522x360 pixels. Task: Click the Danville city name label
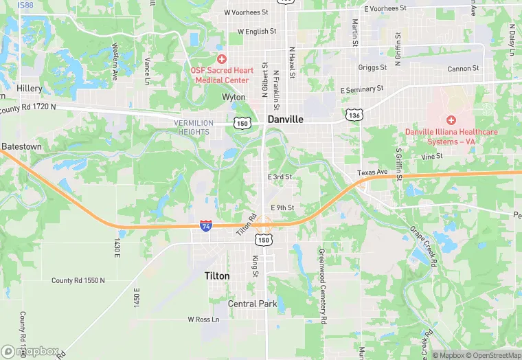(286, 119)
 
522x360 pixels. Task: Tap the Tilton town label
(217, 275)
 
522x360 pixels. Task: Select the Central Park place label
(252, 304)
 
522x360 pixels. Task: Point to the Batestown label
(22, 146)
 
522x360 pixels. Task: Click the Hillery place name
(30, 89)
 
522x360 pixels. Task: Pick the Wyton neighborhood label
(234, 98)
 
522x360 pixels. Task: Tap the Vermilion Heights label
(194, 127)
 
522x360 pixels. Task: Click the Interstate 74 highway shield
(206, 225)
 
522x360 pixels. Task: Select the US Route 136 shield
(354, 115)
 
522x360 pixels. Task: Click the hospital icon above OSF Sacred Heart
(222, 60)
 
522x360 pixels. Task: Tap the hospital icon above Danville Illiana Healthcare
(451, 120)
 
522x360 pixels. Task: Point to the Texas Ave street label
(372, 172)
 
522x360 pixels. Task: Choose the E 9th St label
(282, 207)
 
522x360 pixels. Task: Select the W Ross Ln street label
(203, 319)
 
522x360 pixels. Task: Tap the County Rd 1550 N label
(78, 280)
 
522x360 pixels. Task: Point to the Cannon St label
(463, 69)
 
